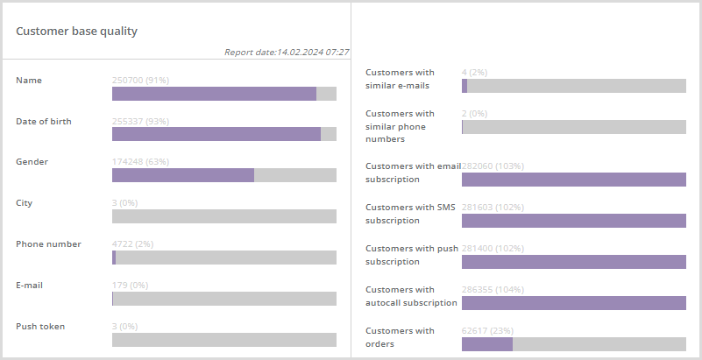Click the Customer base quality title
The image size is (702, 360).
pos(76,32)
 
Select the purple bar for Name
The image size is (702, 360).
pos(214,94)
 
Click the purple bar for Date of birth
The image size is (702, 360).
pos(216,134)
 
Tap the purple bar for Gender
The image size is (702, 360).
pos(183,175)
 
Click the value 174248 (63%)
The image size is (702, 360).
pos(141,162)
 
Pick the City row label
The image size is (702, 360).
pos(25,203)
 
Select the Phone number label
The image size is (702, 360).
pos(48,244)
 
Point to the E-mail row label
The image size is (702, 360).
pos(29,286)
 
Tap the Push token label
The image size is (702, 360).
pos(40,327)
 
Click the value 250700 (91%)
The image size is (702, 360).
pos(141,81)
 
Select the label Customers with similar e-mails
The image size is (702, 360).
pos(400,79)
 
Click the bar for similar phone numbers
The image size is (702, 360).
pos(573,127)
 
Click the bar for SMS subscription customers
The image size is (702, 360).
pos(573,221)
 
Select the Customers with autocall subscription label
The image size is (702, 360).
pos(411,296)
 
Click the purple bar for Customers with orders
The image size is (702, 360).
pos(487,344)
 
